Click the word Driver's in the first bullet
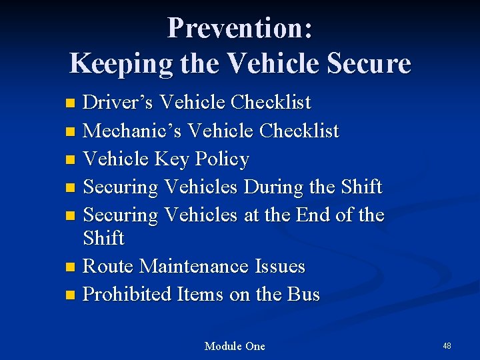[x=119, y=103]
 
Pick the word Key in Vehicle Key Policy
[x=172, y=159]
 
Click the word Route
[x=109, y=267]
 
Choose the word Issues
[x=280, y=267]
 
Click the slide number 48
[x=447, y=345]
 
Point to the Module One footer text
[x=235, y=346]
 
